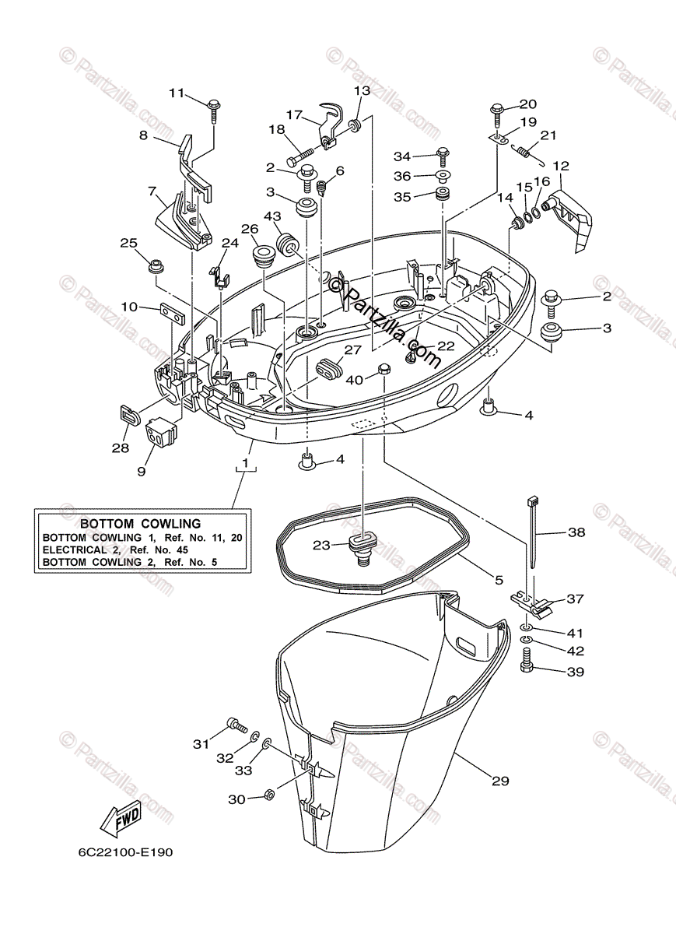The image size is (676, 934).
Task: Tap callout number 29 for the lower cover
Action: (x=500, y=780)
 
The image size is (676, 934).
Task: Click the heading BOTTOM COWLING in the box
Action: (x=141, y=524)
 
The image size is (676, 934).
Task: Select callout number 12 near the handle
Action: (x=561, y=166)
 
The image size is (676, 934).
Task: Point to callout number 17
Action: (x=294, y=114)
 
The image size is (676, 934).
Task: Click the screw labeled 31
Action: (x=235, y=726)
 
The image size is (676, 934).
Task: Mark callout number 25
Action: (x=128, y=243)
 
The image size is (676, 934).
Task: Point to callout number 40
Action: (x=355, y=380)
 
